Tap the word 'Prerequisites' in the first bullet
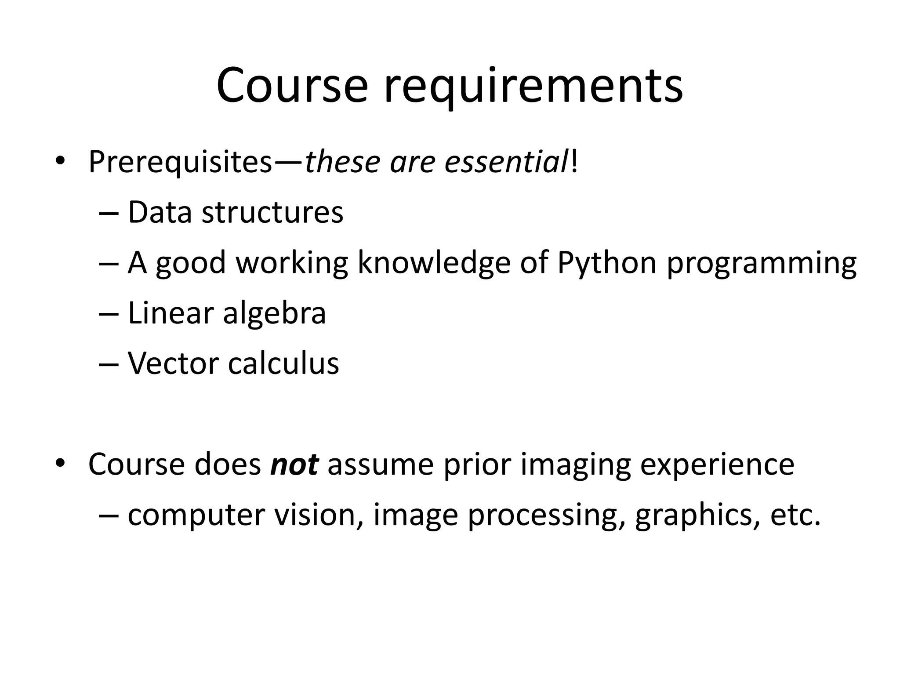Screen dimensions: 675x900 click(180, 163)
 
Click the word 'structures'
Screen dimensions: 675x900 click(272, 212)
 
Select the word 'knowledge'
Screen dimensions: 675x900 click(434, 263)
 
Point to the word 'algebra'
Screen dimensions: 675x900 click(275, 314)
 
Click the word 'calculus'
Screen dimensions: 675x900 click(283, 363)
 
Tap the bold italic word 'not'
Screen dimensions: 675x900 click(294, 465)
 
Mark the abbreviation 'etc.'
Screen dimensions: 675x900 click(795, 515)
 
